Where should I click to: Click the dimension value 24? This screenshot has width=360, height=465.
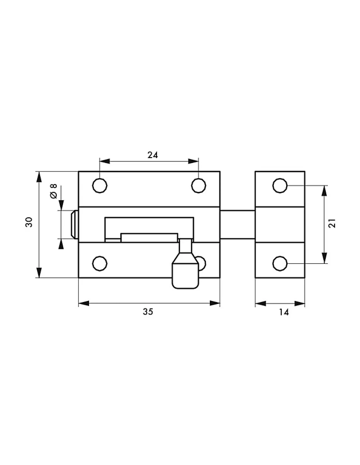153,155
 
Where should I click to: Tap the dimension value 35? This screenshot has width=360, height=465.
148,312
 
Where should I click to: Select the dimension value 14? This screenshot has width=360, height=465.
284,312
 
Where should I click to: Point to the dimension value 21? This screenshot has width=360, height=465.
332,223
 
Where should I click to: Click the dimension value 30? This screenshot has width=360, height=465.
29,222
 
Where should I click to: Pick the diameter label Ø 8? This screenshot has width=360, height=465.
54,191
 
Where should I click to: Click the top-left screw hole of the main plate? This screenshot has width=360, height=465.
100,186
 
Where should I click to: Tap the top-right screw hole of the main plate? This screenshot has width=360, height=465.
199,186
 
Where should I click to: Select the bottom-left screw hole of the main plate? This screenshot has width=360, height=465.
100,263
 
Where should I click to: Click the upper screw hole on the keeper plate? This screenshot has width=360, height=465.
280,186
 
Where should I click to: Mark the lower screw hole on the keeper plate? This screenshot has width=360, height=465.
280,263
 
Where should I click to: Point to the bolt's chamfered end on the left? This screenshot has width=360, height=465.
75,225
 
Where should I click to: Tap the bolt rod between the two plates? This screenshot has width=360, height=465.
238,225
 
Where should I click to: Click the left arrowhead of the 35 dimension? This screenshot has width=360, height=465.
84,303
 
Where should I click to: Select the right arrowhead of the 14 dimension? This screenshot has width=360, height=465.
300,304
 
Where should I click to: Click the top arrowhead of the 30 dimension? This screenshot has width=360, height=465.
39,177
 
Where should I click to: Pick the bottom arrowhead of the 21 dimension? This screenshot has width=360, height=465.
324,258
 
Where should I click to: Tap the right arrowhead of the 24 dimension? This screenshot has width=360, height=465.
193,161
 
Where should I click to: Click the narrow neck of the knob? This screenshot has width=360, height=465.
186,246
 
